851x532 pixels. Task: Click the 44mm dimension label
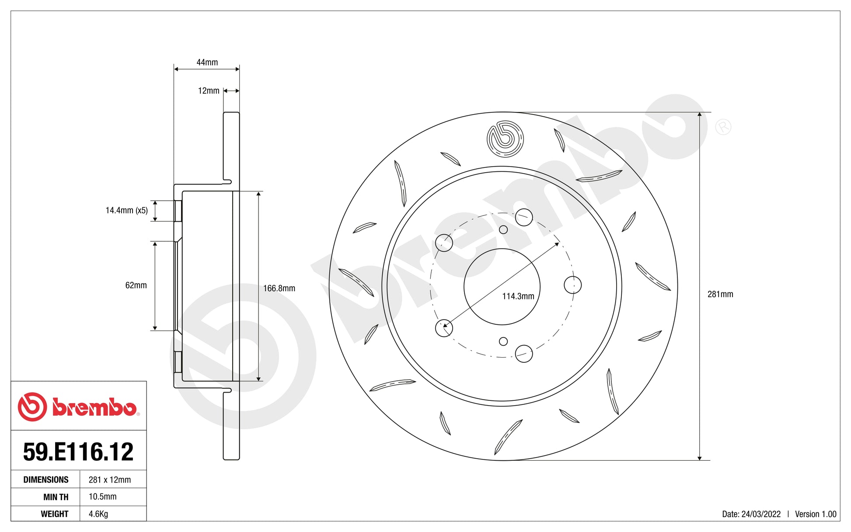pos(207,63)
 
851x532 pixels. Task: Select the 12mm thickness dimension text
pos(209,91)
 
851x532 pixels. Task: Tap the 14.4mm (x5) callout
pos(126,211)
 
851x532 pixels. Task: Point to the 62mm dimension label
pos(136,285)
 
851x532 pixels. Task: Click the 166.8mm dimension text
pos(279,289)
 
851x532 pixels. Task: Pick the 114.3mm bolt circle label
pos(518,296)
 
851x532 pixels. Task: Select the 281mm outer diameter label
pos(720,295)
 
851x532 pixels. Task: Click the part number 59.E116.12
pos(78,452)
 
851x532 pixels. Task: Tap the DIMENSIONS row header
pos(45,480)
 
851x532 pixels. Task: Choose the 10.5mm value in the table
pos(102,497)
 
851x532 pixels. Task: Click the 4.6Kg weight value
pos(98,514)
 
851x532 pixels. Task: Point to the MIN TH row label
pos(56,497)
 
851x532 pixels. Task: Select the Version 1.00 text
pos(815,515)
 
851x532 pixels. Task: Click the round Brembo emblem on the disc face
pos(505,139)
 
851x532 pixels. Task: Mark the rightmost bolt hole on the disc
pos(572,285)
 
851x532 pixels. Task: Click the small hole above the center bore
pos(503,229)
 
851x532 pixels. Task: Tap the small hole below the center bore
pos(503,341)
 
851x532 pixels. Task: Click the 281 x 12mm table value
pos(109,480)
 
